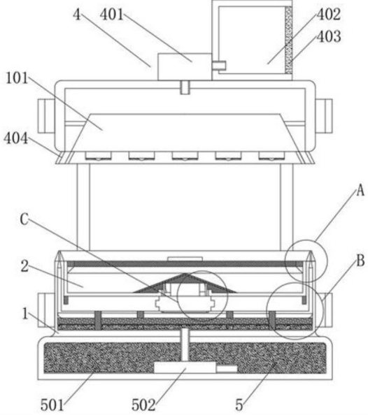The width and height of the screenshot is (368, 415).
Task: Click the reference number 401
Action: click(111, 14)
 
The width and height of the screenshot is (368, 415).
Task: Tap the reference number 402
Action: click(329, 14)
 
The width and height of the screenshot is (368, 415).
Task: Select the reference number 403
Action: click(329, 36)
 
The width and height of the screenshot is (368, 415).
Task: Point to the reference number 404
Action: click(15, 138)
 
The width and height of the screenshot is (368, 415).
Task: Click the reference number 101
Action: click(17, 78)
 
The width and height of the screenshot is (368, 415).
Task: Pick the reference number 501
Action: click(52, 405)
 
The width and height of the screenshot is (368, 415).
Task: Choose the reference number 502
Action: click(143, 405)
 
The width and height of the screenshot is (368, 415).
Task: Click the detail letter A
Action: click(360, 190)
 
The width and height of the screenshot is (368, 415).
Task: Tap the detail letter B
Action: click(360, 261)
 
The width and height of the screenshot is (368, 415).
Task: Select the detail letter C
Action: click(24, 219)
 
